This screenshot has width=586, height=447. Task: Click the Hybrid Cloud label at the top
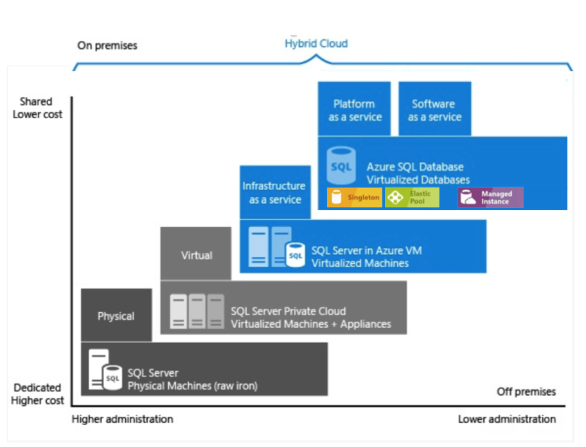(316, 44)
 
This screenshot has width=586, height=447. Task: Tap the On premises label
(107, 46)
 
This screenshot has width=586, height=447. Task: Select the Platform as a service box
(355, 110)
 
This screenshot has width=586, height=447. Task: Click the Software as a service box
(434, 110)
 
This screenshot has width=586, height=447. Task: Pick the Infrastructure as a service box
(274, 192)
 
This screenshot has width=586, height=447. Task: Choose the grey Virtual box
(196, 254)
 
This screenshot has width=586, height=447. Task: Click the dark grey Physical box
(116, 315)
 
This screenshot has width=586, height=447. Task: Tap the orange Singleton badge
(355, 197)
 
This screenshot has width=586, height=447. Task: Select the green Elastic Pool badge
(412, 197)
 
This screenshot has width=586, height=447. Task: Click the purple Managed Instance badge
(490, 197)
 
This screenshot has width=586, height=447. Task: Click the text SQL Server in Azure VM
(366, 250)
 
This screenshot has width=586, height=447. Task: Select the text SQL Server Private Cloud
(288, 311)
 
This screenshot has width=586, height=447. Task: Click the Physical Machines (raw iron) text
(192, 385)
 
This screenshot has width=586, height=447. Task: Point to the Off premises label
(526, 392)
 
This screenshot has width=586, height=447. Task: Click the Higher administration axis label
(122, 419)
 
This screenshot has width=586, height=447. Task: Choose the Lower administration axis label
(506, 419)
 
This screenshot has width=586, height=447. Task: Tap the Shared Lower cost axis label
(38, 108)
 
